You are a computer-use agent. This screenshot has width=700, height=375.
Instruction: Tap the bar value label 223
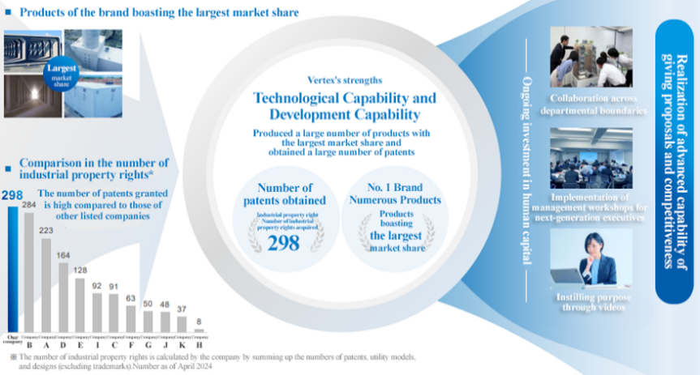pos(46,232)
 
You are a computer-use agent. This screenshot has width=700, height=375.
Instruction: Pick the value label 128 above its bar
pos(79,270)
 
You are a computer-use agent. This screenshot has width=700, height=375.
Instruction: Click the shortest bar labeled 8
pos(199,330)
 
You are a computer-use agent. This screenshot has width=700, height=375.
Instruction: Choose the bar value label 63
pos(131,298)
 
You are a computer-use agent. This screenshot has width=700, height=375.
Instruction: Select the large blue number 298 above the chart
pos(12,195)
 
